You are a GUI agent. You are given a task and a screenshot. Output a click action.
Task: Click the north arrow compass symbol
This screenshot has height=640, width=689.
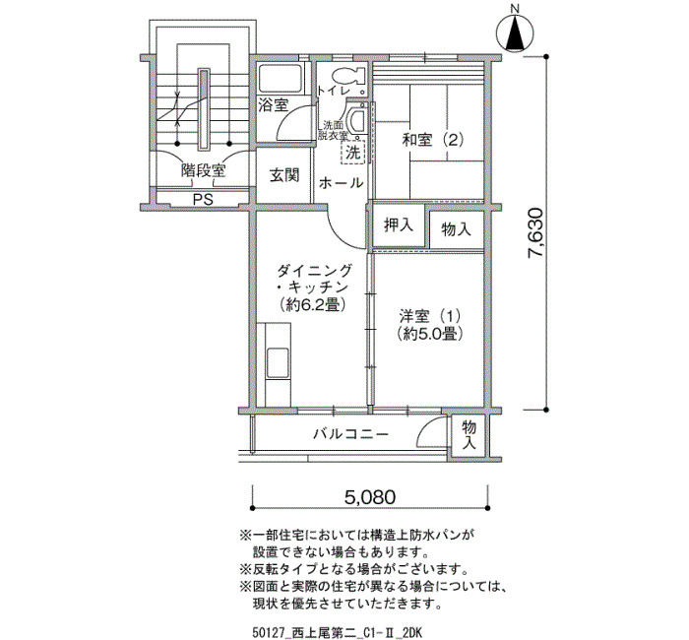pyautogui.click(x=515, y=32)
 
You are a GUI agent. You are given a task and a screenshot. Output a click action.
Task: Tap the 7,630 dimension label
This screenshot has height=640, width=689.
pyautogui.click(x=536, y=233)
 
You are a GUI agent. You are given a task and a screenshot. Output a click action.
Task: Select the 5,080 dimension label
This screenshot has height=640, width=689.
pyautogui.click(x=370, y=497)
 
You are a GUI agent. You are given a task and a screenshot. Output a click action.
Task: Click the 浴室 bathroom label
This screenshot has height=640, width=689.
pyautogui.click(x=273, y=105)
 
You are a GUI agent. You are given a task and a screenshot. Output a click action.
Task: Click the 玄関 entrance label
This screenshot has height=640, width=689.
pyautogui.click(x=284, y=175)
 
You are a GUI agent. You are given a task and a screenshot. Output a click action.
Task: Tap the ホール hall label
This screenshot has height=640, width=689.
pyautogui.click(x=341, y=182)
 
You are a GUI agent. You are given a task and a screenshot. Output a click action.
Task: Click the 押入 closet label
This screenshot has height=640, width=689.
pyautogui.click(x=399, y=225)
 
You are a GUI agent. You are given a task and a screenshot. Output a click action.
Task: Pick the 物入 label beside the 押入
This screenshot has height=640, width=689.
pyautogui.click(x=456, y=229)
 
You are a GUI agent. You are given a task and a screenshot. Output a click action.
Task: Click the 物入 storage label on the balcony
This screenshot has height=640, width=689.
pyautogui.click(x=470, y=434)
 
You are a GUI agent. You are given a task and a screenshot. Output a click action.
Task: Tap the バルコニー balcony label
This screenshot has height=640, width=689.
pyautogui.click(x=351, y=435)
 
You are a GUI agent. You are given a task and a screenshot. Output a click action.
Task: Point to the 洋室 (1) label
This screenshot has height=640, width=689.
pyautogui.click(x=429, y=316)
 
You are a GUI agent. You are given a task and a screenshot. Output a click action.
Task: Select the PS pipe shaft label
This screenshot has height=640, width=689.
pyautogui.click(x=203, y=199)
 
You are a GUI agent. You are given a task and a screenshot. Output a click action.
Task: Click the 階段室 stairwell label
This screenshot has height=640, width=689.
pyautogui.click(x=203, y=170)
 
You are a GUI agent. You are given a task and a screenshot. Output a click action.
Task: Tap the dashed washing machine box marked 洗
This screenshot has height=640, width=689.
pyautogui.click(x=352, y=152)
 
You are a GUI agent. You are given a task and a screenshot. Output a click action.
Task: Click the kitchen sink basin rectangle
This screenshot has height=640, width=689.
pyautogui.click(x=278, y=363)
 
